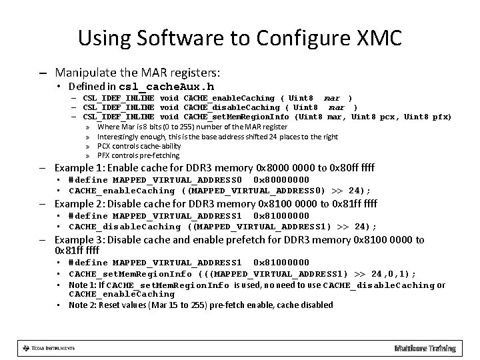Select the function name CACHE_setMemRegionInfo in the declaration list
(x=238, y=117)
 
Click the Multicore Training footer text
(x=425, y=348)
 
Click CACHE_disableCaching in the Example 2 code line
(x=125, y=226)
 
